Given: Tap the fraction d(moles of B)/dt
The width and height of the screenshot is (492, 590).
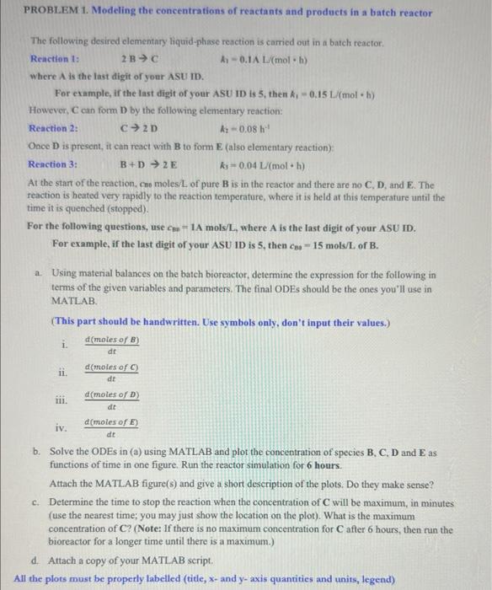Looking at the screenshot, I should point(111,345).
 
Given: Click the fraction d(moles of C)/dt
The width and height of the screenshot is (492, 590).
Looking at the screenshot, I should point(111,373).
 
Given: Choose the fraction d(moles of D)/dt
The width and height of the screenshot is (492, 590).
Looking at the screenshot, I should point(111,400).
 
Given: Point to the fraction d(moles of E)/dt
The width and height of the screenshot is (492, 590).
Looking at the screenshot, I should point(111,427).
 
